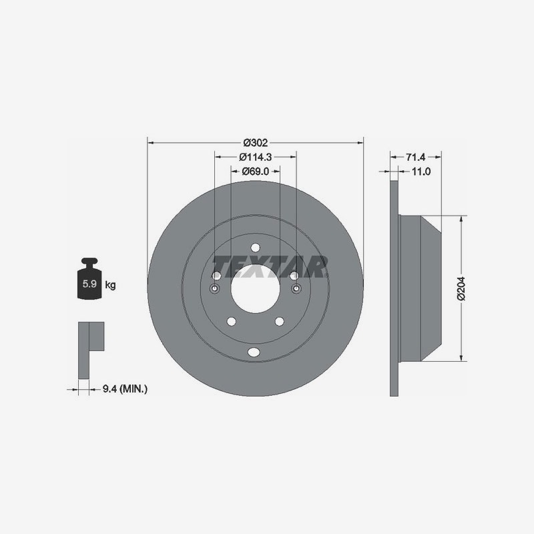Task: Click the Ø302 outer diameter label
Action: click(x=256, y=143)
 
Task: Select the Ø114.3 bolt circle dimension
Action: click(x=256, y=157)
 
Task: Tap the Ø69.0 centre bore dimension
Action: click(x=256, y=172)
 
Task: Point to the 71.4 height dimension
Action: click(x=415, y=157)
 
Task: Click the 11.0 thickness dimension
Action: click(x=421, y=172)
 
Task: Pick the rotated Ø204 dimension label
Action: click(x=461, y=288)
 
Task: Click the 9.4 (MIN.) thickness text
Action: click(x=125, y=388)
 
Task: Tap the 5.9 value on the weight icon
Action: click(x=89, y=283)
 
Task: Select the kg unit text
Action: click(x=110, y=285)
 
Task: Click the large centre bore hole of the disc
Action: click(x=256, y=289)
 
